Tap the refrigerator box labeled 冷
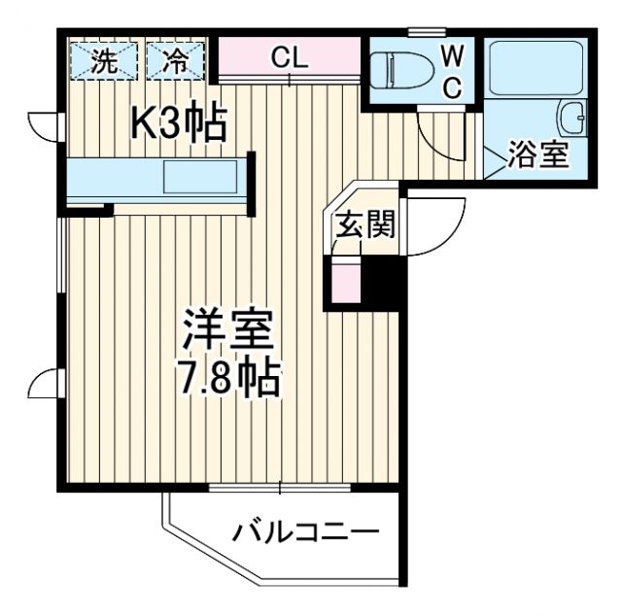[177, 62]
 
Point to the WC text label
[453, 69]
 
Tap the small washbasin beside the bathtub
[570, 118]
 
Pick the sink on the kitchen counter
[199, 179]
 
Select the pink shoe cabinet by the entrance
[345, 282]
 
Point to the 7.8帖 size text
[231, 377]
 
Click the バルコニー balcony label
[305, 531]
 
